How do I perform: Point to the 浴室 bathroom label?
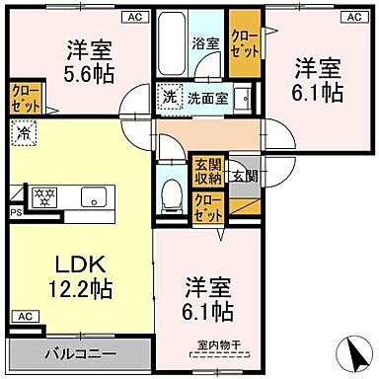coord(204,44)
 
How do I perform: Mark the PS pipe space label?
coord(14,210)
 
